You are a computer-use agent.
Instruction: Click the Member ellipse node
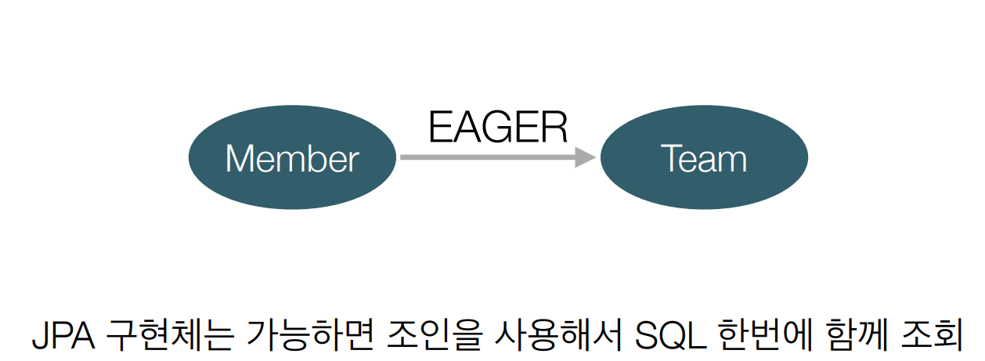tap(292, 157)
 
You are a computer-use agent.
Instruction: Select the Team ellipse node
tap(704, 157)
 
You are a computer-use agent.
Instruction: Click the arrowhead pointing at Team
tap(586, 157)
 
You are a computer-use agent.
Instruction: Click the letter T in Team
tap(671, 159)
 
